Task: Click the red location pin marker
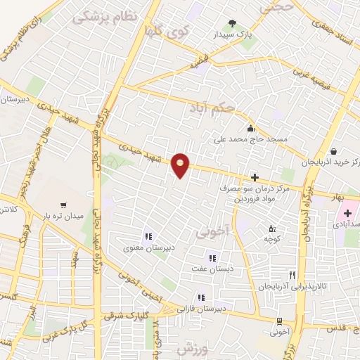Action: [181, 165]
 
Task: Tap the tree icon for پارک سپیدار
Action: [233, 25]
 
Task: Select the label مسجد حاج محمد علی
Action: [251, 139]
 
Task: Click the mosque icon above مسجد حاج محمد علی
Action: [250, 128]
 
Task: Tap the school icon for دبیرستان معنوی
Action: [148, 236]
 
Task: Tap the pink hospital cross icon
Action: [347, 212]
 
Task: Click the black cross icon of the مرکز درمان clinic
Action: [255, 178]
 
